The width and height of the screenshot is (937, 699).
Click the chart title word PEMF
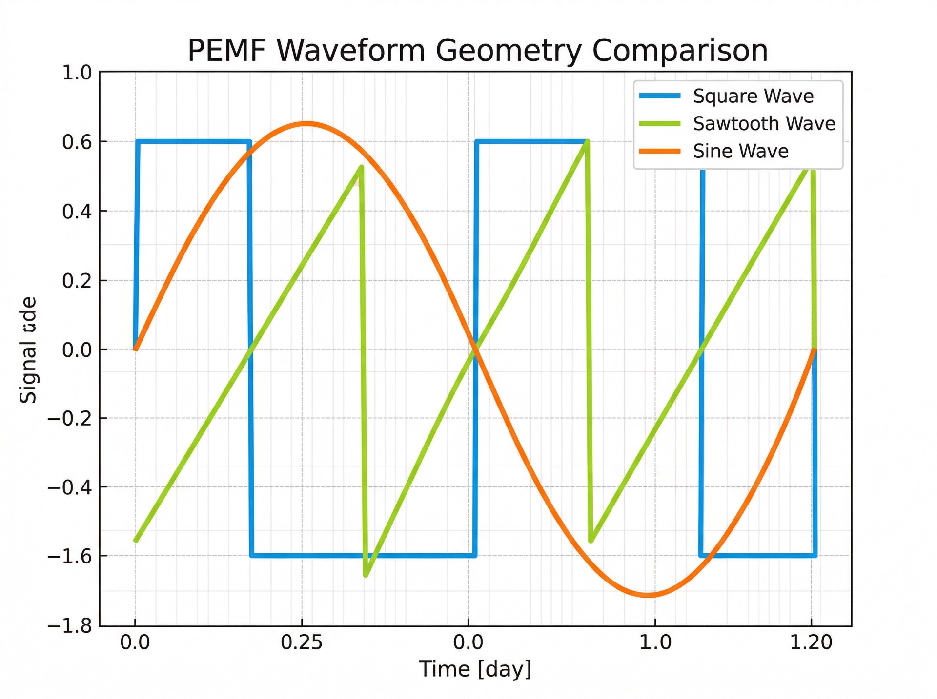click(227, 51)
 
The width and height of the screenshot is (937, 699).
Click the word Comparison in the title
click(680, 51)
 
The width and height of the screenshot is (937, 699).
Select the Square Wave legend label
click(753, 96)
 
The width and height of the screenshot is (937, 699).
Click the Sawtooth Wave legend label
click(764, 124)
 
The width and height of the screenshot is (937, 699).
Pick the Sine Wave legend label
click(740, 151)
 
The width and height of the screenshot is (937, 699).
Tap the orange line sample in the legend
click(660, 151)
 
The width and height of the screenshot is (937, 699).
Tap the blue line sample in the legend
click(660, 96)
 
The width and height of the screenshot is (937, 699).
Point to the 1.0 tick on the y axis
click(77, 73)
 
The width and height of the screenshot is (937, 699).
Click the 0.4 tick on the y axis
click(77, 212)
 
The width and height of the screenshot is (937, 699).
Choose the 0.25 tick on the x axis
click(302, 642)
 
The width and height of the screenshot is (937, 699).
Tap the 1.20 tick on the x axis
click(811, 642)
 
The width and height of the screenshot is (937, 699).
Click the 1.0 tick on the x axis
click(655, 642)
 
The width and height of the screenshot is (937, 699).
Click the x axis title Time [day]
click(474, 669)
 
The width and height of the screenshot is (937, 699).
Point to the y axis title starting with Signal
click(28, 349)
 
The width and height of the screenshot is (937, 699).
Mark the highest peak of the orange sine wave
click(306, 124)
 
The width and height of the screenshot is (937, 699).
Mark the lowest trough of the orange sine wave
click(648, 595)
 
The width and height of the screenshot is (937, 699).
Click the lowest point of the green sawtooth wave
click(366, 575)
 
